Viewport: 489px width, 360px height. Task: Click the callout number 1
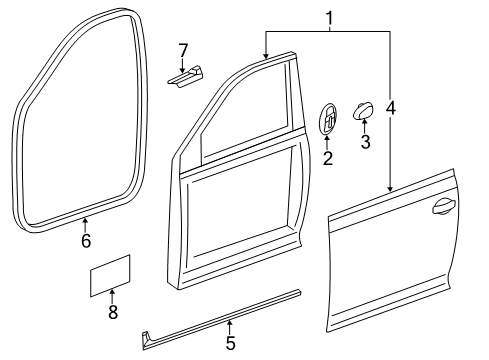[x=329, y=18]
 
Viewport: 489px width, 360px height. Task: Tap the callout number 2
[x=328, y=158]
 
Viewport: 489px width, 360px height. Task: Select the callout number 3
[x=365, y=142]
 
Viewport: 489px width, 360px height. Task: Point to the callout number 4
[x=390, y=108]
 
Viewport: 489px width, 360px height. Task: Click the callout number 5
[x=230, y=343]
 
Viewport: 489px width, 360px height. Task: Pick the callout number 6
[x=86, y=241]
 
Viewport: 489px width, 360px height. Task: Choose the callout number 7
[x=183, y=51]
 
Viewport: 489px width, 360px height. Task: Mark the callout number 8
[x=113, y=312]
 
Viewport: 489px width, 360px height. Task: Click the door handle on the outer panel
[x=444, y=206]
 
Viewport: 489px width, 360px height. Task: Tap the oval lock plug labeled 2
[x=328, y=118]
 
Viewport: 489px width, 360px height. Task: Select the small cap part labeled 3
[x=363, y=111]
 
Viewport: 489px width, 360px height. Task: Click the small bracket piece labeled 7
[x=185, y=77]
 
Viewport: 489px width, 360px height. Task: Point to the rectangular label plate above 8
[x=110, y=275]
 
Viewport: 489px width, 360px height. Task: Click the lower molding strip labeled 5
[x=222, y=319]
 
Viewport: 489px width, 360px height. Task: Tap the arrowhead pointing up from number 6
[x=85, y=220]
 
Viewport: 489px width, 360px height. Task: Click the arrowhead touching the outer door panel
[x=390, y=189]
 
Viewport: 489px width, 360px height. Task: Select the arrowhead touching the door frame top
[x=266, y=56]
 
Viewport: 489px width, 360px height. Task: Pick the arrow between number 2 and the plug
[x=327, y=143]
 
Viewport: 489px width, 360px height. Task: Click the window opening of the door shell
[x=246, y=110]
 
